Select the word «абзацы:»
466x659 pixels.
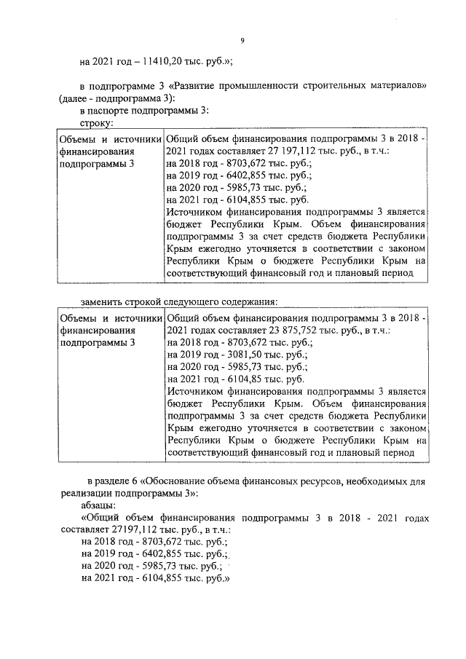pyautogui.click(x=98, y=505)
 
